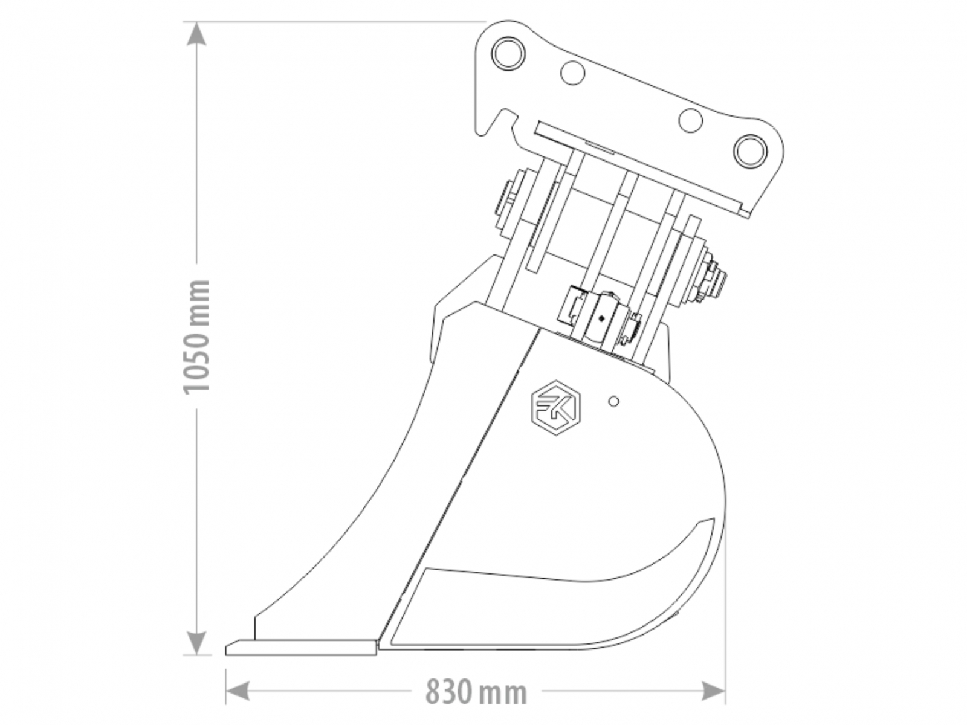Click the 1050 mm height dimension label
[196, 337]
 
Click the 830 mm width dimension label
[476, 692]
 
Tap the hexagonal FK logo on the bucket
[555, 408]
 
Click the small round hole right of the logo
[613, 401]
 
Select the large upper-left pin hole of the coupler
[508, 53]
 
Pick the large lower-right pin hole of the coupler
[750, 151]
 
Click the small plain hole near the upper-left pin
[573, 72]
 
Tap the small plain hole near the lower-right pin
[690, 120]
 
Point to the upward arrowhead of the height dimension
[196, 33]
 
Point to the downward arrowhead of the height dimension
[196, 643]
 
